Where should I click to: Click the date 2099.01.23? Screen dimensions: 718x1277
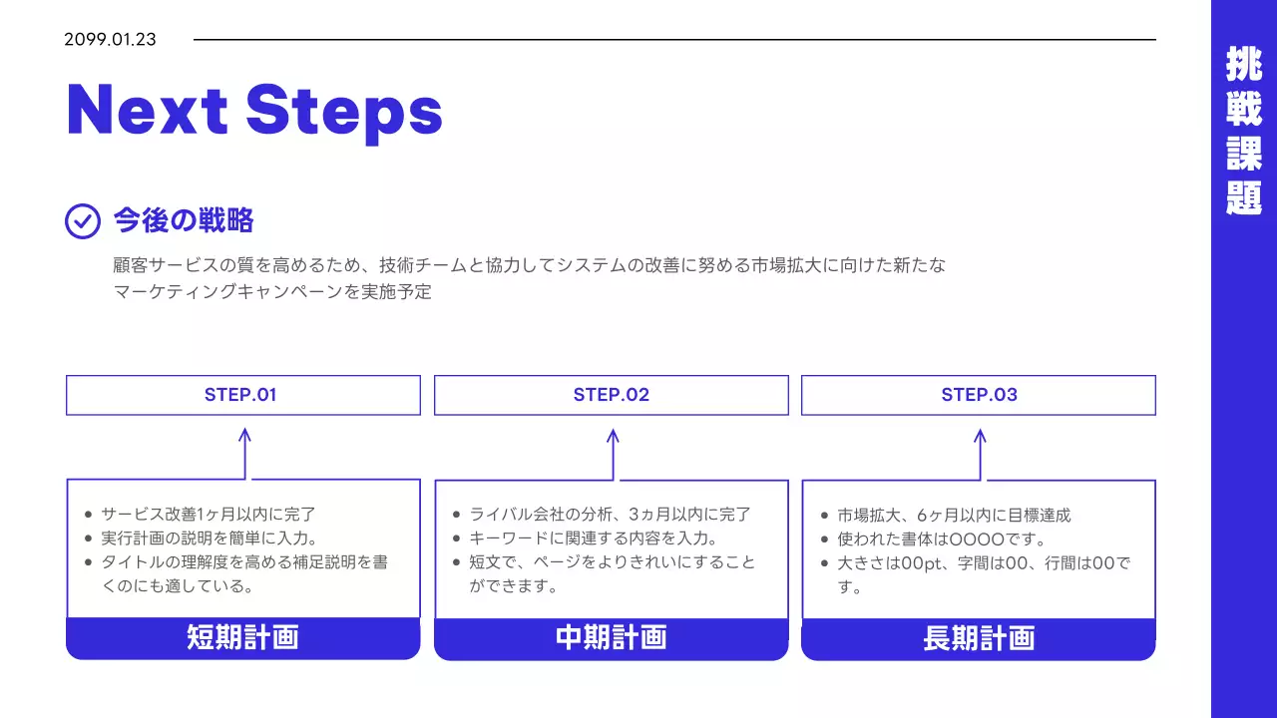pyautogui.click(x=110, y=40)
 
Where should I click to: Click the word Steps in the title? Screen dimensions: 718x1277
pyautogui.click(x=344, y=110)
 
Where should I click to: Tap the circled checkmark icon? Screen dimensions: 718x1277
pyautogui.click(x=83, y=220)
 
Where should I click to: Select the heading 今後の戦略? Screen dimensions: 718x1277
pyautogui.click(x=184, y=220)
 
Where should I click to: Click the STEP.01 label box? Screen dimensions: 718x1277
pyautogui.click(x=242, y=395)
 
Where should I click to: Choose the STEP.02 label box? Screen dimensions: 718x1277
pyautogui.click(x=611, y=395)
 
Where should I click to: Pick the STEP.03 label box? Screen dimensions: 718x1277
pyautogui.click(x=979, y=395)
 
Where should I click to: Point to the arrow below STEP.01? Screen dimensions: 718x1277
pyautogui.click(x=244, y=454)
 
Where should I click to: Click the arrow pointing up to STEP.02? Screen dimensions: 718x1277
pyautogui.click(x=613, y=454)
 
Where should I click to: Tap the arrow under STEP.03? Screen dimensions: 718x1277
pyautogui.click(x=980, y=454)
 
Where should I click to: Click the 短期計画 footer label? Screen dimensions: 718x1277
pyautogui.click(x=242, y=638)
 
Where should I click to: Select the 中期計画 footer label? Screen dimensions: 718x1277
pyautogui.click(x=611, y=638)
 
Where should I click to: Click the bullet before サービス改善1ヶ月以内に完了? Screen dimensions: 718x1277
pyautogui.click(x=89, y=515)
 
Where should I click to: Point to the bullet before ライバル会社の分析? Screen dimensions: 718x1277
pyautogui.click(x=457, y=515)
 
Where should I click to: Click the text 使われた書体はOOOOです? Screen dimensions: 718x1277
pyautogui.click(x=941, y=539)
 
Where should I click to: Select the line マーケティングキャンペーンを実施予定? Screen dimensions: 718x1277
pyautogui.click(x=272, y=292)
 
